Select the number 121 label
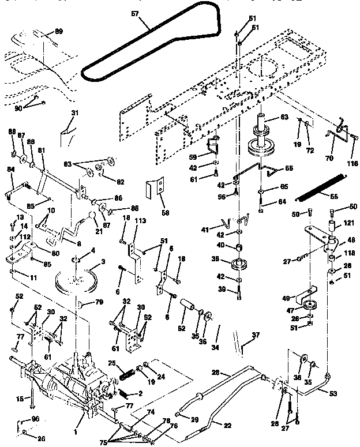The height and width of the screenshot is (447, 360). coord(348,223)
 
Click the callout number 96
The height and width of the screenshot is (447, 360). coord(35,419)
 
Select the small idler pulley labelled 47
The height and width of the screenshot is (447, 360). coord(310,306)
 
